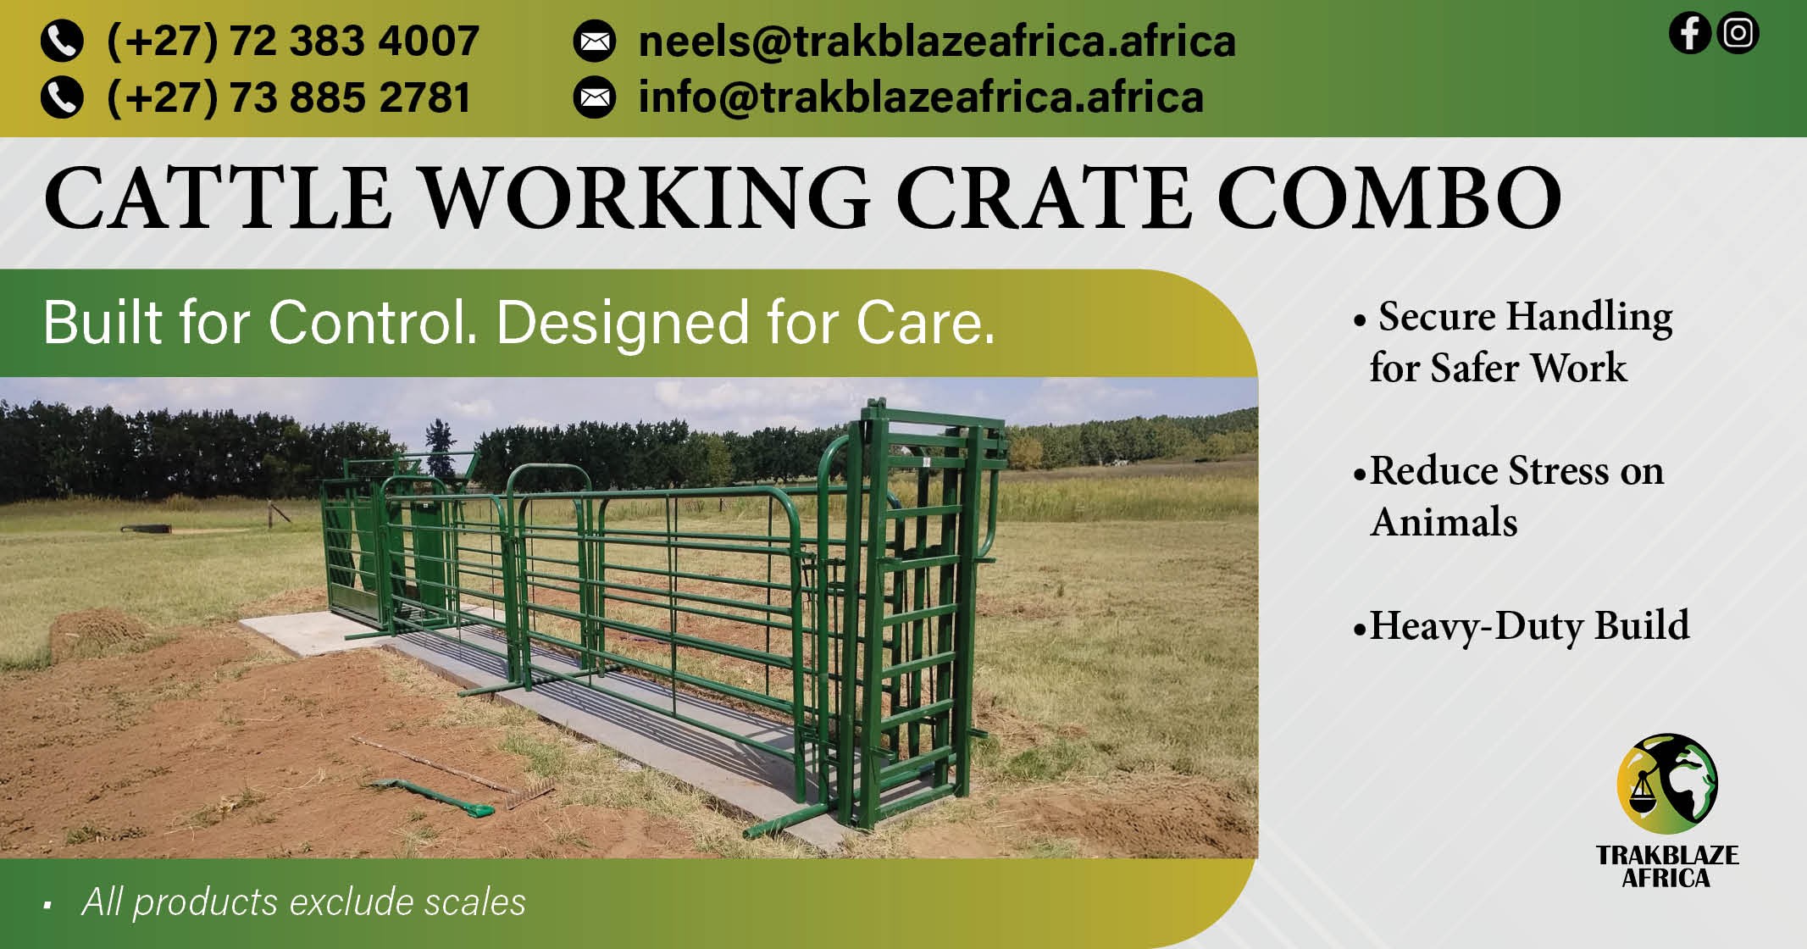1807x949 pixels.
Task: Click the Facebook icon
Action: tap(1689, 34)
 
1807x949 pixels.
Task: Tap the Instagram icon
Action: tap(1738, 34)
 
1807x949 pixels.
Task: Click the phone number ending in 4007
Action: tap(292, 41)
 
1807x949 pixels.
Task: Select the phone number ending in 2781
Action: tap(288, 97)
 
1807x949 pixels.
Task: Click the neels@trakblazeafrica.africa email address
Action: tap(936, 41)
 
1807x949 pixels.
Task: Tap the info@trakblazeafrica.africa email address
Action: tap(920, 97)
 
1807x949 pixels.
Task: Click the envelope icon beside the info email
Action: tap(595, 98)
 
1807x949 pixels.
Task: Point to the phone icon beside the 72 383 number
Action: tap(62, 42)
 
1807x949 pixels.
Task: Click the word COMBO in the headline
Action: tap(1389, 198)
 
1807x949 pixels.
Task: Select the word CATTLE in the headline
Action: tap(218, 198)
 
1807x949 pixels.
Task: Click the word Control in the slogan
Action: tap(373, 323)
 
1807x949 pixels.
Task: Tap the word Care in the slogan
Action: tap(923, 323)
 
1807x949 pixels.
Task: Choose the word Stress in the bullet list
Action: tap(1558, 470)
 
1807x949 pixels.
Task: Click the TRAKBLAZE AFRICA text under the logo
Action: tap(1666, 866)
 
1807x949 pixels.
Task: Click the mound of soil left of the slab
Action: tap(93, 631)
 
